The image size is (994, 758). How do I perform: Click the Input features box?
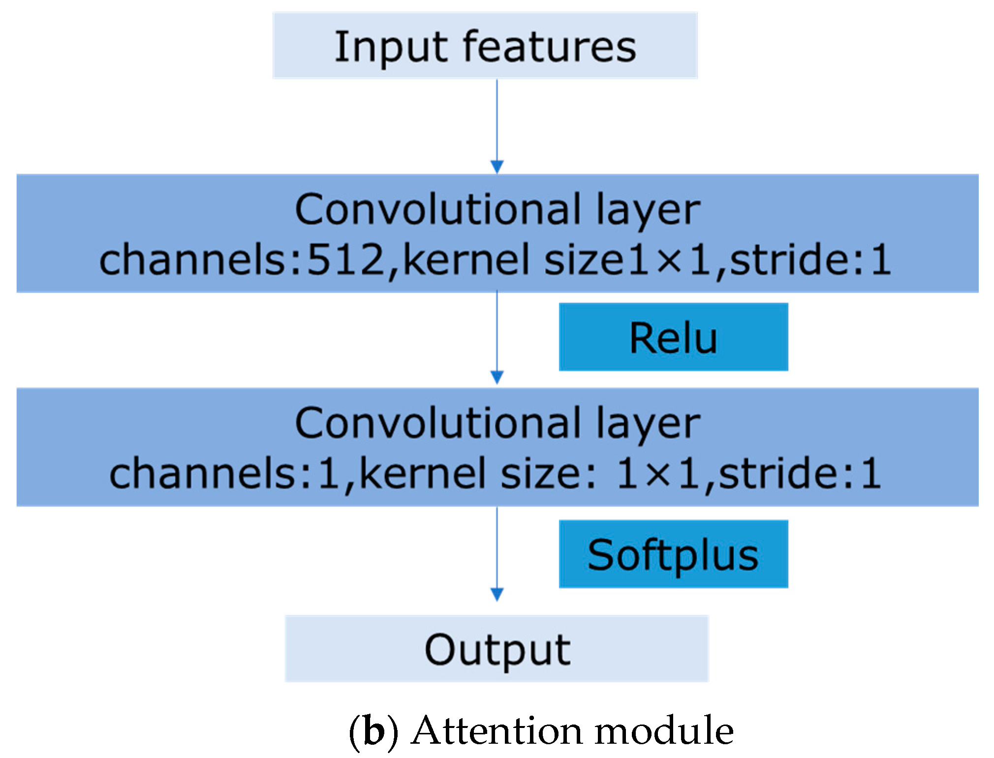[485, 45]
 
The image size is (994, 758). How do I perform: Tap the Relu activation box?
[673, 337]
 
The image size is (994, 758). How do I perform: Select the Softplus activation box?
[673, 554]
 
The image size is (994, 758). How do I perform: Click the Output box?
[497, 649]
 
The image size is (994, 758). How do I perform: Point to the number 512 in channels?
[344, 259]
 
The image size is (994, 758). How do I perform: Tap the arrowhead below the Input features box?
[497, 167]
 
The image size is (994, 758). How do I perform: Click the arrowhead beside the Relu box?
[497, 378]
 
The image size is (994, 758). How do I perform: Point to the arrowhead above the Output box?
[497, 595]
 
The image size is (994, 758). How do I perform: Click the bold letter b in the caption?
[374, 731]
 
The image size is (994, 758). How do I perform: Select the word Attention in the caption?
[499, 730]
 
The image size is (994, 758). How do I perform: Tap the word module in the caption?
[664, 730]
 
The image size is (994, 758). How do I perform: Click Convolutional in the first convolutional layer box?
[438, 209]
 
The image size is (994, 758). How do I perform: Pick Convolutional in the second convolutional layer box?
[438, 423]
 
